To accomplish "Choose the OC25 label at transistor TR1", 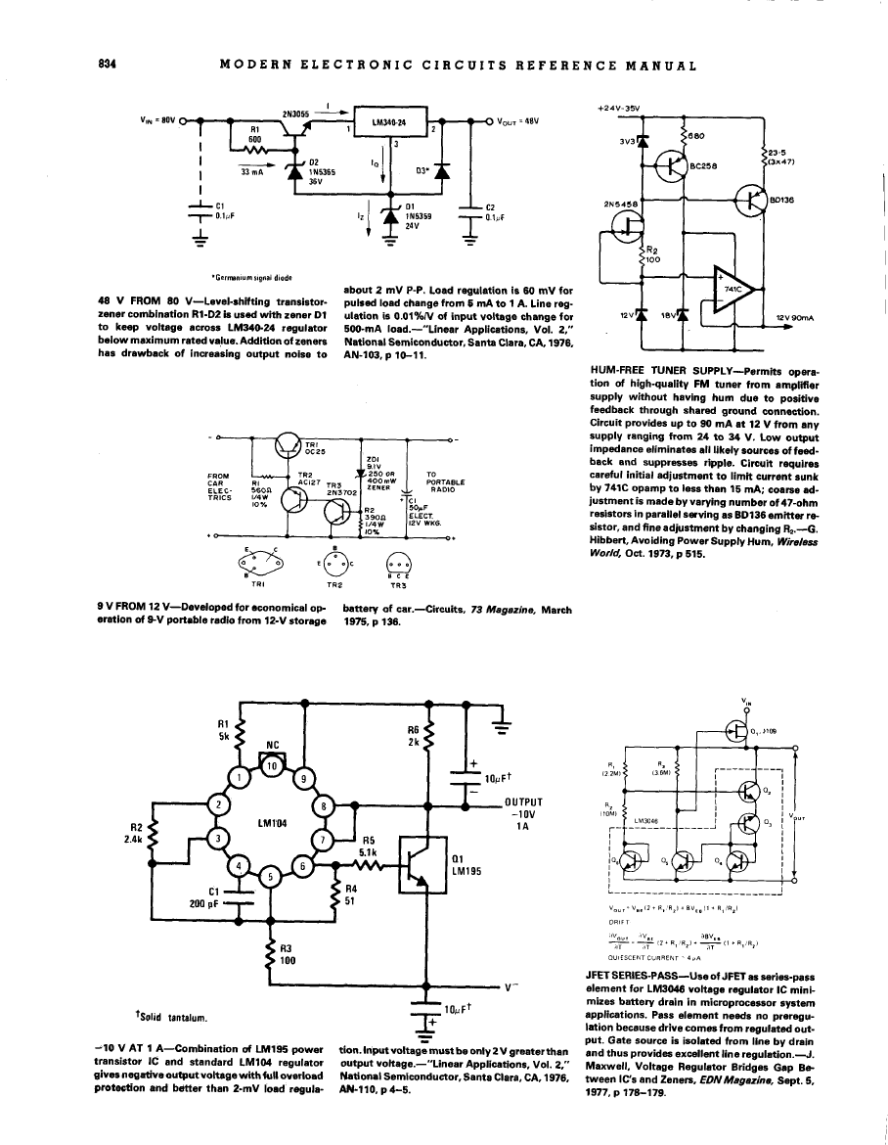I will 317,452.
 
